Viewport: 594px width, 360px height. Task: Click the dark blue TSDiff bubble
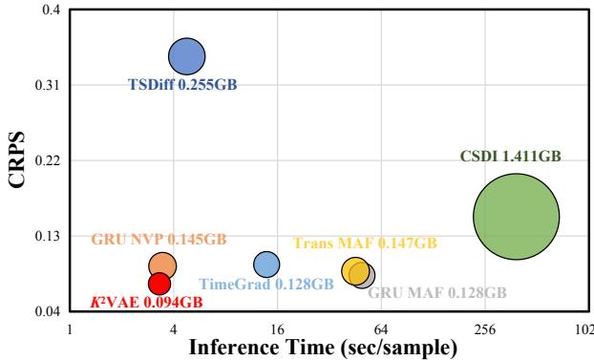point(187,57)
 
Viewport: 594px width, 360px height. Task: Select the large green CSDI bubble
point(516,216)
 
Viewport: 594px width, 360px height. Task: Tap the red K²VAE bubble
point(159,283)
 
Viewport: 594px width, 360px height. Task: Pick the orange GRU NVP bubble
point(162,265)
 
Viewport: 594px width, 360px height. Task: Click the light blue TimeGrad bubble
point(266,265)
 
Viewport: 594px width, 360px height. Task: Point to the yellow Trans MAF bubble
point(355,271)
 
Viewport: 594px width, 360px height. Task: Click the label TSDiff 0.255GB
point(182,85)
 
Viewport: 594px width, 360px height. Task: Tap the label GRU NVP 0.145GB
point(159,239)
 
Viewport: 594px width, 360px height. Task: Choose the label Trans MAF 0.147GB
point(365,244)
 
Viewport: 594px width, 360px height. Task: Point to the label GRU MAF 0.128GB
point(436,292)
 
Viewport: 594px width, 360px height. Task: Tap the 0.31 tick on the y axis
point(47,85)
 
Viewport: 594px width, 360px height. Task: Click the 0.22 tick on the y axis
point(47,160)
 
